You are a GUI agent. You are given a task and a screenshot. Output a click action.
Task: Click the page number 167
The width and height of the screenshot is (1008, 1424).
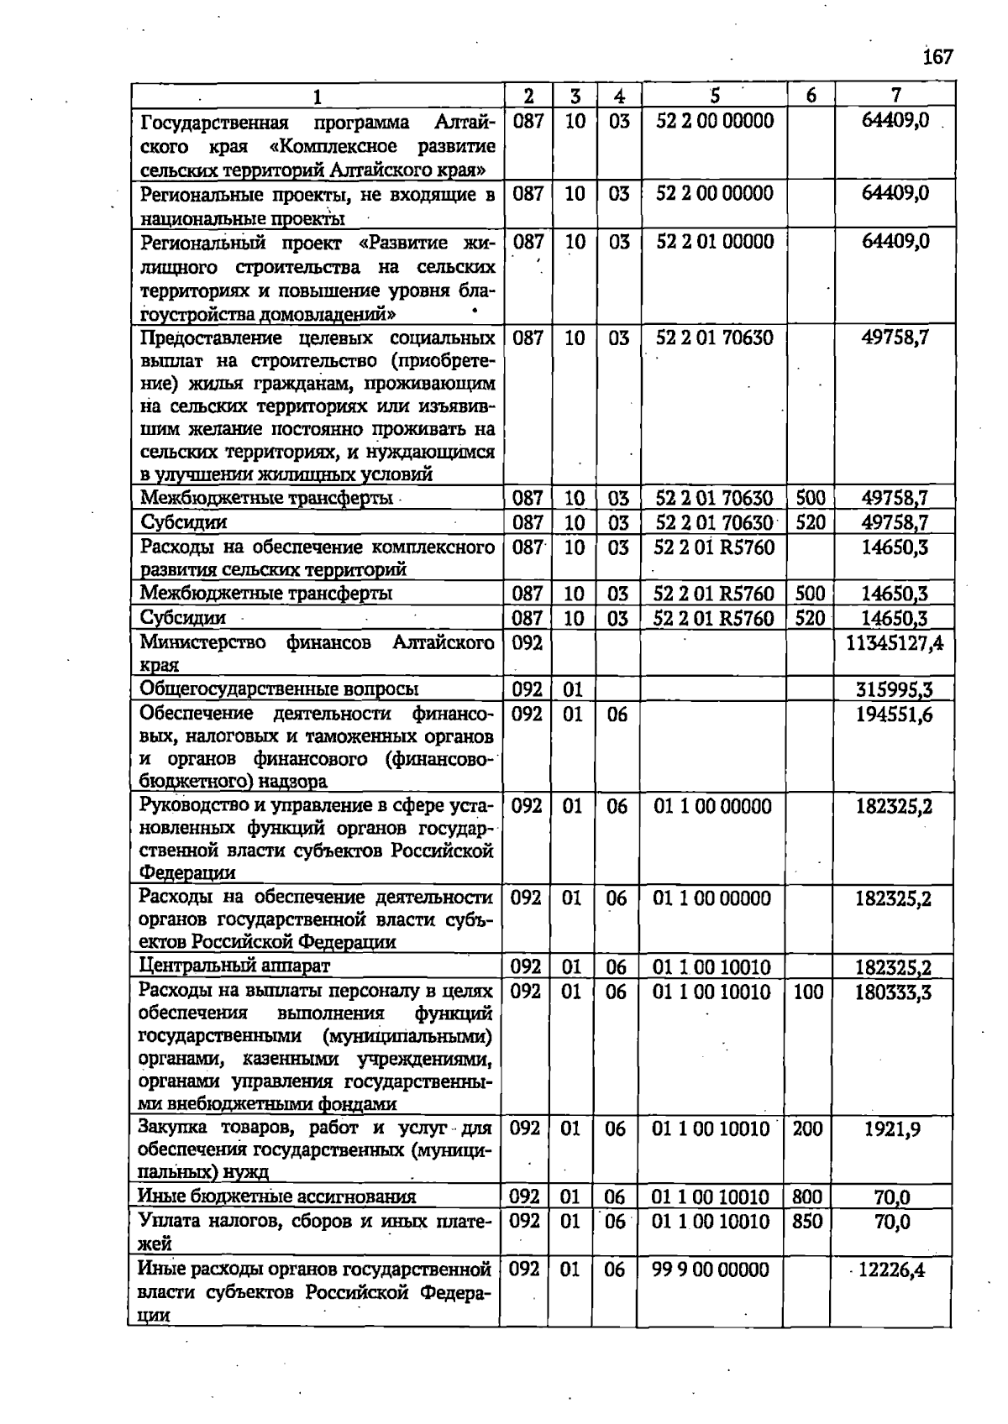point(937,57)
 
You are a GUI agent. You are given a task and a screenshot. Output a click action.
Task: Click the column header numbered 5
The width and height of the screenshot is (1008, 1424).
point(715,95)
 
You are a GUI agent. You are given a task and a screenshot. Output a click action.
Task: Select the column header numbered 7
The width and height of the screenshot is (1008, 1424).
point(895,95)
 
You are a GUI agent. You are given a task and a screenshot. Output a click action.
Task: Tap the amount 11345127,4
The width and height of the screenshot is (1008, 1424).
point(895,644)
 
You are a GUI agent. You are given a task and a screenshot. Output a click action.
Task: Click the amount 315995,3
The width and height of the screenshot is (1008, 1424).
point(894,690)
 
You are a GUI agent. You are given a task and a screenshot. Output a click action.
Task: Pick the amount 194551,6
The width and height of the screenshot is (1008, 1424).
point(894,715)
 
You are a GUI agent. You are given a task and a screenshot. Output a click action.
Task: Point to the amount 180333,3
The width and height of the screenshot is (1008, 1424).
point(893,992)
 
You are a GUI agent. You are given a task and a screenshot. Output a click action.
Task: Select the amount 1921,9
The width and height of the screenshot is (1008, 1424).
point(892,1129)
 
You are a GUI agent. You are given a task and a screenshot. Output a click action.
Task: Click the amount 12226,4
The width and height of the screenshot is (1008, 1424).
point(891,1270)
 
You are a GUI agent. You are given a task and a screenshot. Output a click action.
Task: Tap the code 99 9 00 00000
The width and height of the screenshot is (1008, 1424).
point(710,1270)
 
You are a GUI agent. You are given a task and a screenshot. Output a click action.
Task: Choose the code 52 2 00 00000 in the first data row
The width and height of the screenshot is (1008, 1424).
point(715,121)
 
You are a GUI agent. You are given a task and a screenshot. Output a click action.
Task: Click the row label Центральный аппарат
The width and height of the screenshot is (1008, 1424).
point(234,966)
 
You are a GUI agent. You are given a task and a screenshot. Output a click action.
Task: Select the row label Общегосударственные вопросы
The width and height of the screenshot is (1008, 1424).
point(279,690)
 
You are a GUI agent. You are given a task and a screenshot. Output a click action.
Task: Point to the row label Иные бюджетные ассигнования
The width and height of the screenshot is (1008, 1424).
point(276,1197)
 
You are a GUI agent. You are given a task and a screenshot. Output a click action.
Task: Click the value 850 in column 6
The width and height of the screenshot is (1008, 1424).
point(806,1222)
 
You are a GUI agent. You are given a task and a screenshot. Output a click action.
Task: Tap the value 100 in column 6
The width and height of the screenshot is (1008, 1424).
point(808,992)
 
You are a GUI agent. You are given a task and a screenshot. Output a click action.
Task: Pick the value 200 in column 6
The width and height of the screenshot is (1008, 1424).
point(807,1129)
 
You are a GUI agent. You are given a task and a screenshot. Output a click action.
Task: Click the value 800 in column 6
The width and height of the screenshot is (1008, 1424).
point(806,1197)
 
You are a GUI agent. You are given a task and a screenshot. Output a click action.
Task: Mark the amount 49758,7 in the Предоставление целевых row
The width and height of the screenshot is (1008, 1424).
point(895,338)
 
